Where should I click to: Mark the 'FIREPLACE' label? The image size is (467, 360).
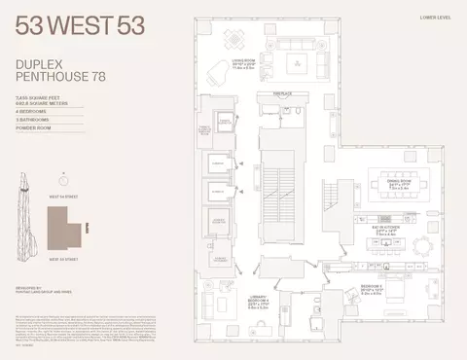click(281, 94)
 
